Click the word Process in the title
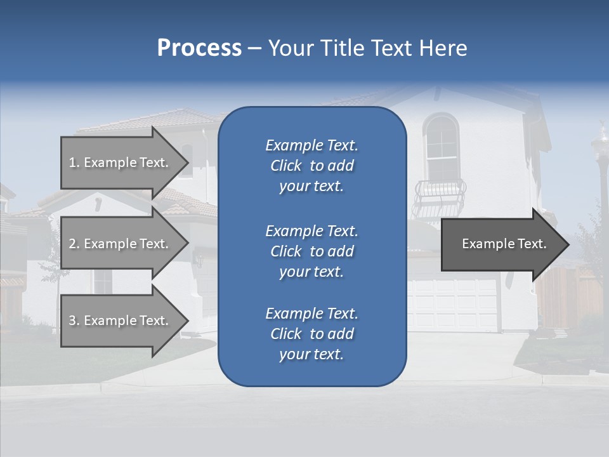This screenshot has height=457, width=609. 199,48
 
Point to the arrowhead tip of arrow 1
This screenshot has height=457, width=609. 188,162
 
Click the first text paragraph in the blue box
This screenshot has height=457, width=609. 311,166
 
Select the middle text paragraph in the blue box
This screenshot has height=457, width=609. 311,251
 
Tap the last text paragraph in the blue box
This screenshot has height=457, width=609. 311,334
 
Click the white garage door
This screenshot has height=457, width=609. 453,304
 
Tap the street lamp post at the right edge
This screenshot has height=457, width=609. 600,178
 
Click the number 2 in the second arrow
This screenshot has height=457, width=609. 72,244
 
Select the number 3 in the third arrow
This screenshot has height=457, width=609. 72,321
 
